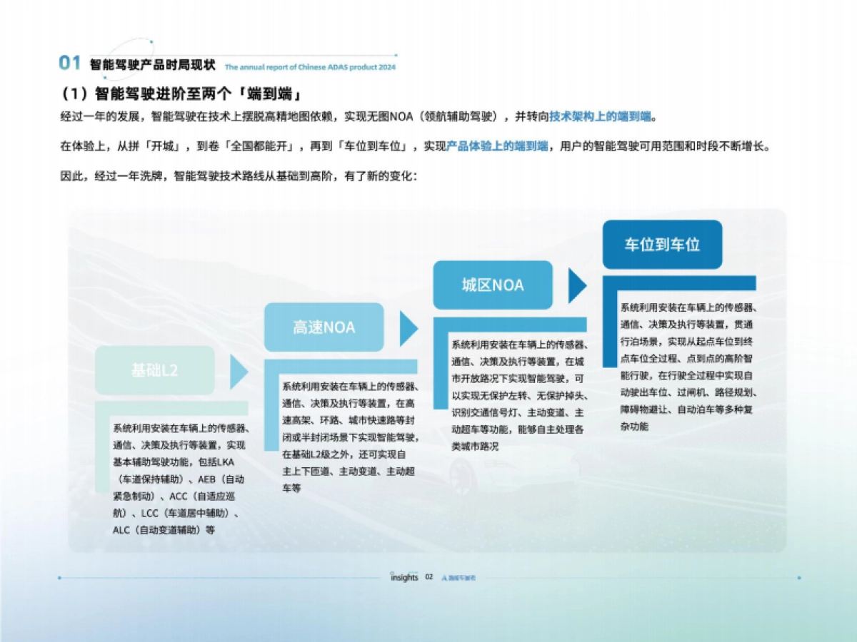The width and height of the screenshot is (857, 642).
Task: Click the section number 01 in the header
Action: (69, 63)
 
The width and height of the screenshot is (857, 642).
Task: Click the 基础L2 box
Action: (154, 370)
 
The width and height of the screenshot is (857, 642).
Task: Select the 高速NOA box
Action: (324, 327)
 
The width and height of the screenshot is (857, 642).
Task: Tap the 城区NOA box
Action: (493, 285)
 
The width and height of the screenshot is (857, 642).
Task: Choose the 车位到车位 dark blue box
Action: (662, 245)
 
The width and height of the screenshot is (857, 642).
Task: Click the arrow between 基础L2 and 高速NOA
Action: (239, 371)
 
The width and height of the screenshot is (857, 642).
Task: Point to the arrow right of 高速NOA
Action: (409, 328)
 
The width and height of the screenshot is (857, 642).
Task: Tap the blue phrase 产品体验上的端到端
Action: (497, 146)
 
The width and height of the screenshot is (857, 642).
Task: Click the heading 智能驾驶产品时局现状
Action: (152, 65)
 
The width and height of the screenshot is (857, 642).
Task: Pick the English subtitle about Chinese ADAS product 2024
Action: (310, 67)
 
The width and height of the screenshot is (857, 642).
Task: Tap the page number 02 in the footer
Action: (429, 577)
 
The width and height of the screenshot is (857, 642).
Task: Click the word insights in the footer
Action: (404, 577)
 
